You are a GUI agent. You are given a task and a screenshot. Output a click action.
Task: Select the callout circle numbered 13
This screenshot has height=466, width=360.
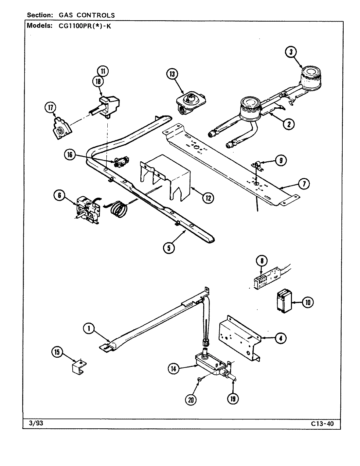pyautogui.click(x=172, y=74)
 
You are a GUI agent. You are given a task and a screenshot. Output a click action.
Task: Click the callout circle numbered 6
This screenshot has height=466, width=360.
pyautogui.click(x=60, y=196)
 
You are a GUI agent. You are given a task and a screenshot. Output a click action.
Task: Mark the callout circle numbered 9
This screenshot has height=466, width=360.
pyautogui.click(x=281, y=160)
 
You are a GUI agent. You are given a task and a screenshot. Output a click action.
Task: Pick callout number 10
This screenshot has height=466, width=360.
pyautogui.click(x=307, y=302)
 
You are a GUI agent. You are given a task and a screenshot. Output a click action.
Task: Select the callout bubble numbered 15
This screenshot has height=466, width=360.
pyautogui.click(x=57, y=352)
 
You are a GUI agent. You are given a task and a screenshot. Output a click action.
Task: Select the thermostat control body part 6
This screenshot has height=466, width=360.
pyautogui.click(x=87, y=209)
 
